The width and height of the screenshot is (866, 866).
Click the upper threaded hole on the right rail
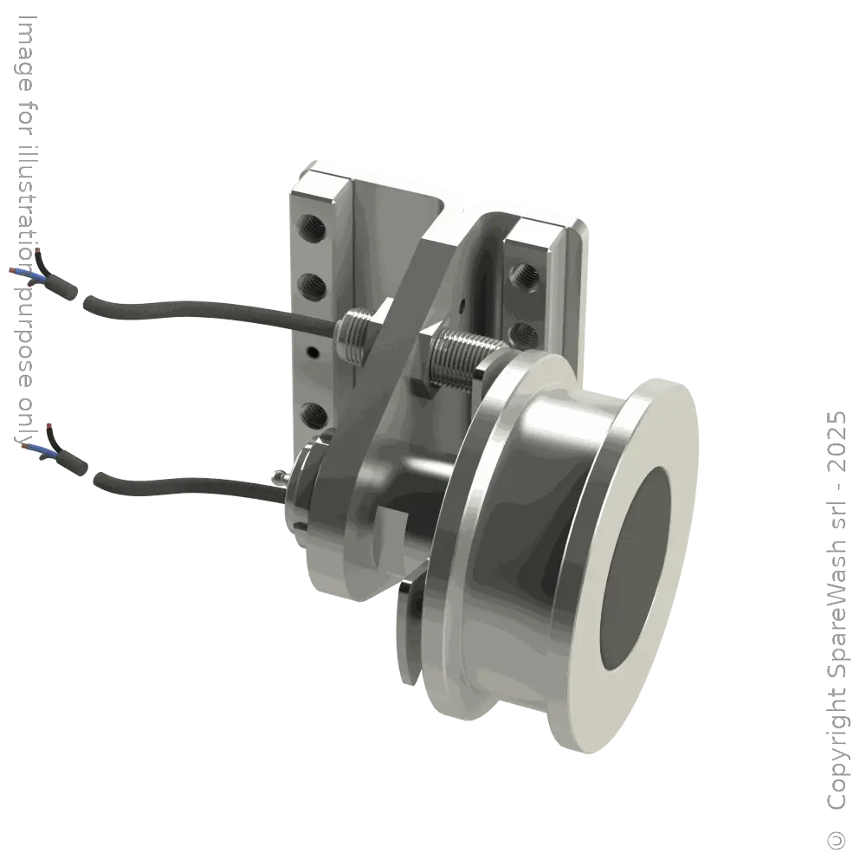coord(525,275)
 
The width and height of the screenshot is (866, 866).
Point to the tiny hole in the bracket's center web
coord(464,304)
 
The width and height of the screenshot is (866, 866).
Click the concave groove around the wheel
coord(520,554)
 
